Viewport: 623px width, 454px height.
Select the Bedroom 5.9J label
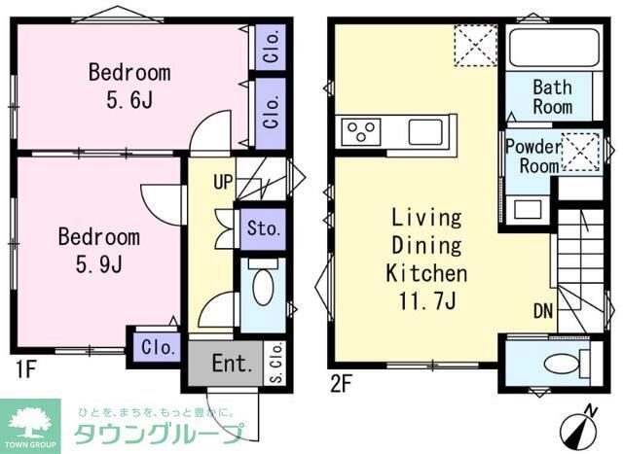(98, 250)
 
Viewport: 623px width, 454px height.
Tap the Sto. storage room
(263, 230)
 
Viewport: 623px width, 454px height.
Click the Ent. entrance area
(232, 365)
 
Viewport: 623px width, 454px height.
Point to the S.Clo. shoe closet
(275, 363)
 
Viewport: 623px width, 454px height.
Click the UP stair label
(223, 181)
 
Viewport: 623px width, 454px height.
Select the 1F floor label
(25, 370)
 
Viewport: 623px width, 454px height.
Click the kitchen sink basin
(426, 131)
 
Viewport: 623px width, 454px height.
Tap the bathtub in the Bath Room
(553, 48)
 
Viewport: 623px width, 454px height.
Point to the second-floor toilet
(560, 364)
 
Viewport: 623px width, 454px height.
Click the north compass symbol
(581, 425)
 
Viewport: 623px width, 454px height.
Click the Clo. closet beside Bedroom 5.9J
(158, 346)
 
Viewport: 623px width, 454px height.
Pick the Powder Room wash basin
(526, 208)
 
